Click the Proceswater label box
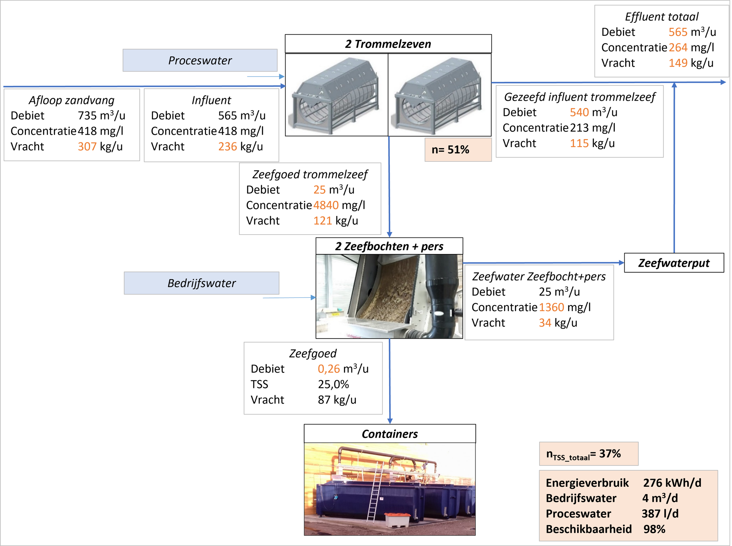pyautogui.click(x=200, y=60)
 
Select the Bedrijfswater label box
pyautogui.click(x=201, y=283)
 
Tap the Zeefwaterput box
pyautogui.click(x=674, y=263)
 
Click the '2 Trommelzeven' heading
pyautogui.click(x=388, y=44)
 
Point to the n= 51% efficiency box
pyautogui.click(x=458, y=150)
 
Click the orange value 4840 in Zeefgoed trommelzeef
pyautogui.click(x=326, y=205)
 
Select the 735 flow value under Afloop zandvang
pyautogui.click(x=87, y=116)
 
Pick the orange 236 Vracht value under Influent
pyautogui.click(x=228, y=147)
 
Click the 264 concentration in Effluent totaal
pyautogui.click(x=678, y=48)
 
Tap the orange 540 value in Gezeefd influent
pyautogui.click(x=579, y=112)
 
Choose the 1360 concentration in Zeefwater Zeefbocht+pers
pyautogui.click(x=552, y=307)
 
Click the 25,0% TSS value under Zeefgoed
pyautogui.click(x=333, y=384)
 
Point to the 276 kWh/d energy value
pyautogui.click(x=672, y=483)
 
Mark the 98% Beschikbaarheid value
pyautogui.click(x=654, y=529)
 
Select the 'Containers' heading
pyautogui.click(x=390, y=434)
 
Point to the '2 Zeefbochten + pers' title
pyautogui.click(x=389, y=246)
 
